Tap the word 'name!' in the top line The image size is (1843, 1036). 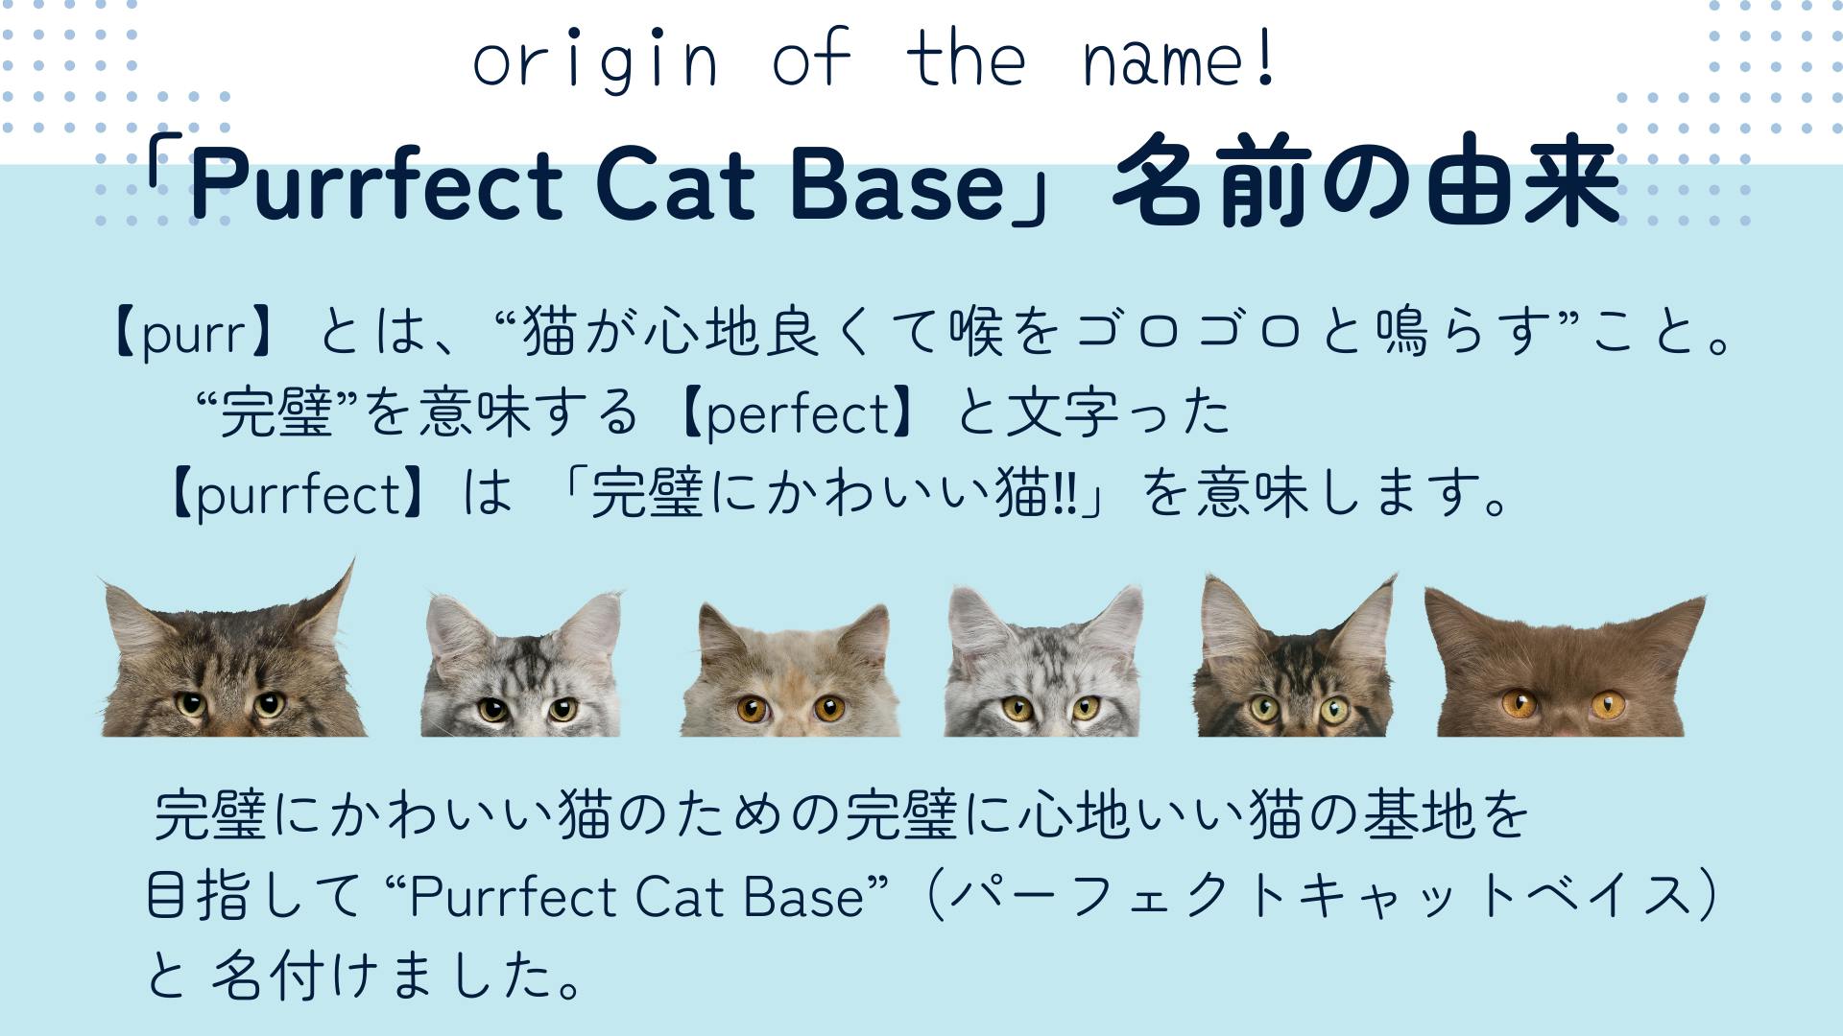[x=1179, y=59]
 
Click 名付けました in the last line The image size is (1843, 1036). [x=396, y=976]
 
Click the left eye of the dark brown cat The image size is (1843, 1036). [x=1520, y=705]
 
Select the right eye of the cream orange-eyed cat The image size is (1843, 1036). [x=828, y=709]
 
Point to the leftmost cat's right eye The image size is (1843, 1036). [x=269, y=705]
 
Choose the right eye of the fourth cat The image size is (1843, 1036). [x=1086, y=708]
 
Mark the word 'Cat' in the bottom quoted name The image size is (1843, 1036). [x=678, y=897]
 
